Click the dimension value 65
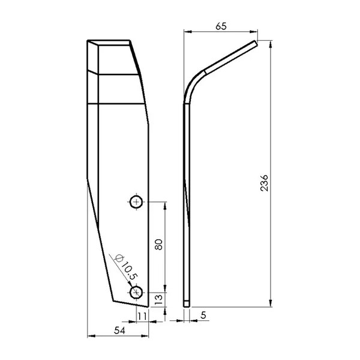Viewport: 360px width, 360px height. [221, 26]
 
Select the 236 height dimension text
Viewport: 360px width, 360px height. [264, 183]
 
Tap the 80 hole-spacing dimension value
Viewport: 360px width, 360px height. [158, 244]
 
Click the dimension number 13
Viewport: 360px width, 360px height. [158, 299]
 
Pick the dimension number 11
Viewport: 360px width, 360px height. [142, 317]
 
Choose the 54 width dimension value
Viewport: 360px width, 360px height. [119, 331]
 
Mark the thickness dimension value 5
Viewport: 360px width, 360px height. [203, 316]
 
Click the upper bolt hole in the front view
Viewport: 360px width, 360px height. [136, 202]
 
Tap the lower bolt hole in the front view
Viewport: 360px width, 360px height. [136, 293]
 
